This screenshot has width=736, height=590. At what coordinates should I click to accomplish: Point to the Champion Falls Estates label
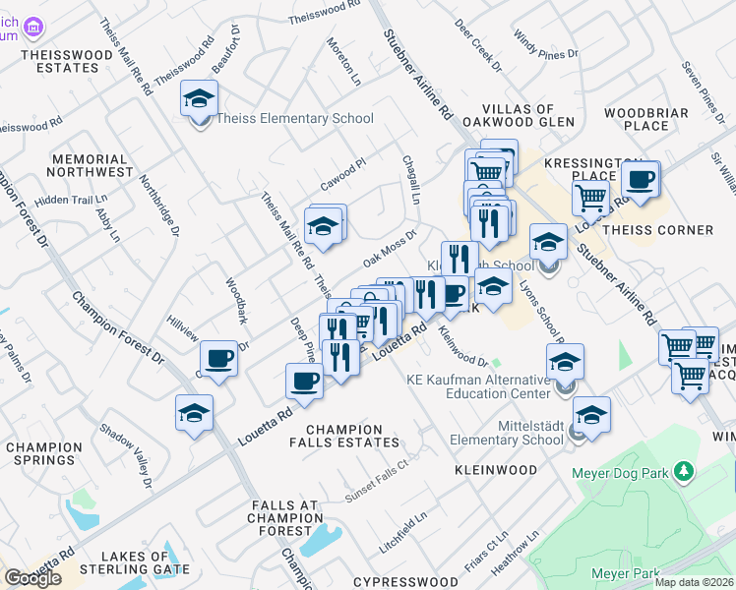click(343, 437)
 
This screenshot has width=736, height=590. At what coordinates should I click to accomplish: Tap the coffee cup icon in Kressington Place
click(641, 180)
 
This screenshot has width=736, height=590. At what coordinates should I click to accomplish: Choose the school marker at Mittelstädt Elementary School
click(592, 415)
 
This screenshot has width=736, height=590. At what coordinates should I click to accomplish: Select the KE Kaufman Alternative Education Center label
click(479, 386)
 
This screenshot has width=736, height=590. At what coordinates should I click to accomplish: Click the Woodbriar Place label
click(646, 119)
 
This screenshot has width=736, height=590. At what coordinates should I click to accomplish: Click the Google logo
click(32, 577)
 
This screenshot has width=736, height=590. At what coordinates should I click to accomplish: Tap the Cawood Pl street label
click(342, 175)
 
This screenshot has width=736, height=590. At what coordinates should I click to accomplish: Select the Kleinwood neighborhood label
click(496, 470)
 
